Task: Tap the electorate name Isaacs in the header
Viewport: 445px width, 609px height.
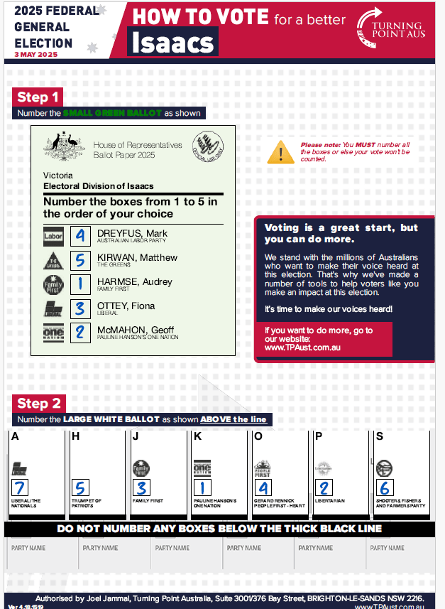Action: point(172,43)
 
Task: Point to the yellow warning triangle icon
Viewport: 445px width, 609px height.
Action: point(280,152)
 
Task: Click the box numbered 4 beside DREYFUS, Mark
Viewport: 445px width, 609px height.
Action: point(80,235)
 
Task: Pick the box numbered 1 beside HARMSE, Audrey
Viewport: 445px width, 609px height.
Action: point(80,284)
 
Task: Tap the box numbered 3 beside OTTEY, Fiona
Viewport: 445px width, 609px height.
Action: point(80,308)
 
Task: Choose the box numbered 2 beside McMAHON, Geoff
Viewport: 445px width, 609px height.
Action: point(80,333)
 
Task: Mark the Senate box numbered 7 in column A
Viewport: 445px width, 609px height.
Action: point(20,487)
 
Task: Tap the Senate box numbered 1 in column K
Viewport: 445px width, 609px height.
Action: point(203,487)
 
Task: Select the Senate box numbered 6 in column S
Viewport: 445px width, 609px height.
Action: point(385,487)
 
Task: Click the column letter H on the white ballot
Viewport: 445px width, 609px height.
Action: point(75,436)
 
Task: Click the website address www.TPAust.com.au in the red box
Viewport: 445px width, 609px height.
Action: point(302,348)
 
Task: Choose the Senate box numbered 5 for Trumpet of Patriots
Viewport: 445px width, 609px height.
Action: point(82,487)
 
